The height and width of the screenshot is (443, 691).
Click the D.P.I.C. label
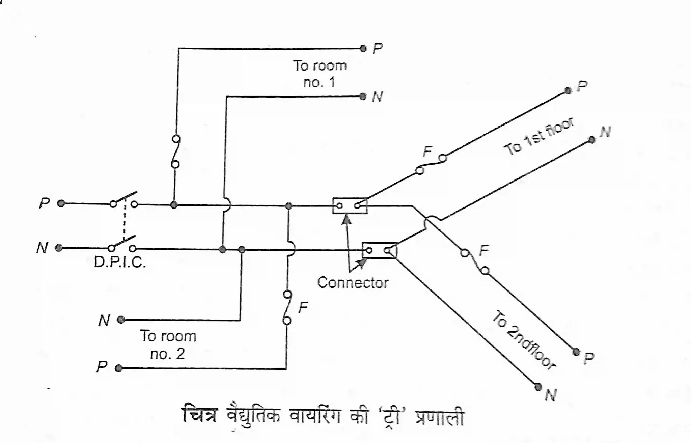[120, 262]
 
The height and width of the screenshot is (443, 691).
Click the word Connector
[353, 283]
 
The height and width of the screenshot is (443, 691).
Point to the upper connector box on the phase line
[350, 205]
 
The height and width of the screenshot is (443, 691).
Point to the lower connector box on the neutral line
[379, 250]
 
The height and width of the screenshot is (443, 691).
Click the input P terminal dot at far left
[61, 203]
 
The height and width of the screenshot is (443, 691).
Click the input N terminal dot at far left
[59, 248]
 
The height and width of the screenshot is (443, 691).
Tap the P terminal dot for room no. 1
[363, 49]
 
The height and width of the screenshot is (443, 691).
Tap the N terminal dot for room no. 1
[363, 97]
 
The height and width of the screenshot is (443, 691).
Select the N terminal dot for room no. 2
[121, 320]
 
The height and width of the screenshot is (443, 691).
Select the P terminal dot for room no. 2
[118, 368]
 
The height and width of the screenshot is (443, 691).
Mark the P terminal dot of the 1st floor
[568, 90]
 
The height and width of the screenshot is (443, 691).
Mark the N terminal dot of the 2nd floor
[538, 387]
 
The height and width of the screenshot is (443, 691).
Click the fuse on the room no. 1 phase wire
[175, 152]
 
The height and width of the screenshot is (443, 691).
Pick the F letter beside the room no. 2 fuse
[303, 307]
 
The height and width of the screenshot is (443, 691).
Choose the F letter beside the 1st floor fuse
[427, 151]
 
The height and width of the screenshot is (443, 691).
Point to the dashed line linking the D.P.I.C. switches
[125, 220]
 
